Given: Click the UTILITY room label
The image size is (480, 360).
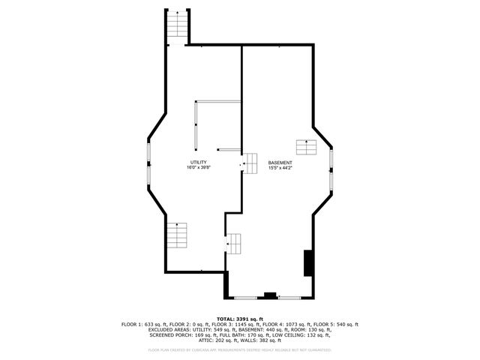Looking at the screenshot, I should pos(198,162).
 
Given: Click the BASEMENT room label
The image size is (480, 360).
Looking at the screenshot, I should pos(280,162).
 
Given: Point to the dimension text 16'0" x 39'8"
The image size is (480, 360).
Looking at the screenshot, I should pos(198,168).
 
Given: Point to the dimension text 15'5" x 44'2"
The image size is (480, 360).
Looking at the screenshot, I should pos(280,168).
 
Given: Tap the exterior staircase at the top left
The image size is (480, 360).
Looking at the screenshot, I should pos(175,25).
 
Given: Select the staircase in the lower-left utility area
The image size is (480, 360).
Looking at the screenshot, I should pos(176,236).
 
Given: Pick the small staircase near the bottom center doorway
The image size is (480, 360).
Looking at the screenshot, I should pos(235,243).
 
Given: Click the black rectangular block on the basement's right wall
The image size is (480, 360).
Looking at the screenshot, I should pos(307,263).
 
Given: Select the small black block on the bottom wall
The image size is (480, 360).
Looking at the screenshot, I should pos(270,295).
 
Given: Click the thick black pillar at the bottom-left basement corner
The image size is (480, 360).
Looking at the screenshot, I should pos(226,285).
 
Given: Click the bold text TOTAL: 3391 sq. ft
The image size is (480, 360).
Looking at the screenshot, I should pos(240,319).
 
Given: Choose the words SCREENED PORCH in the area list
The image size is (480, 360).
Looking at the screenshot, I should pos(172,334).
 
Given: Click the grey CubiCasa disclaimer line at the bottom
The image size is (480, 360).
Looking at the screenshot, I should pos(240,349).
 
